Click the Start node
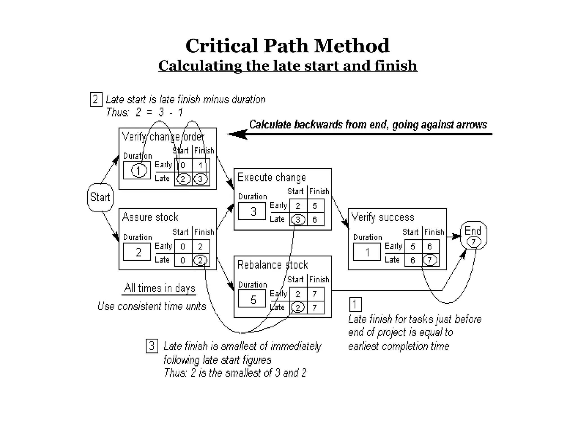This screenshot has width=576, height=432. tap(100, 197)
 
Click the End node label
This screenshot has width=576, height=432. tap(473, 231)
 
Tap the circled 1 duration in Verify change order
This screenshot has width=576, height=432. tap(139, 170)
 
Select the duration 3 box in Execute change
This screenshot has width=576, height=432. tap(252, 211)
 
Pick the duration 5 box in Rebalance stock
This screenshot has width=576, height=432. tap(252, 299)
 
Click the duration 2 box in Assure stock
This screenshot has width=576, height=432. tap(137, 252)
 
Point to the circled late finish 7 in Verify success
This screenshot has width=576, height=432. tap(430, 260)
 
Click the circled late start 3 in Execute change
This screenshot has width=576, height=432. tap(298, 219)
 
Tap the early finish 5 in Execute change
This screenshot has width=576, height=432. tap(315, 206)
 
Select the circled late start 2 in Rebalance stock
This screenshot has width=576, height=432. tap(298, 307)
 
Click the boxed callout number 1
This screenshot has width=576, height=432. tap(355, 304)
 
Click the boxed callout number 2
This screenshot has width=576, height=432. tap(96, 99)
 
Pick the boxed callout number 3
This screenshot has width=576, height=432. tap(152, 346)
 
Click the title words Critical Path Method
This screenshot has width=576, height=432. tap(287, 46)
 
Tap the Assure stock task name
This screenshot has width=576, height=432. tap(150, 217)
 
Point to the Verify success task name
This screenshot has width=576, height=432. tap(383, 217)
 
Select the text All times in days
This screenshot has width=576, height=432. tap(159, 288)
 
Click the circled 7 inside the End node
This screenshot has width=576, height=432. tap(474, 242)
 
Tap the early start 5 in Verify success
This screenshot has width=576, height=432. tap(413, 247)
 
